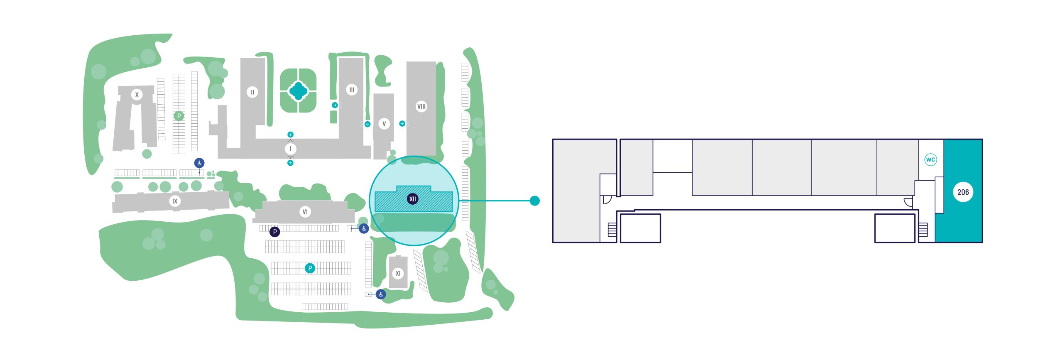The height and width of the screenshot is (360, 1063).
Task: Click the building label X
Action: (137, 95)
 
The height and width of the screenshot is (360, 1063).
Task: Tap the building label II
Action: (252, 92)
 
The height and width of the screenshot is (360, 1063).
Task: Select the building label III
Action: (352, 90)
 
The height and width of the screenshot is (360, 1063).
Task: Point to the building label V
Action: (384, 124)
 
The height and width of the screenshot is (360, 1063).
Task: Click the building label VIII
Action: (421, 106)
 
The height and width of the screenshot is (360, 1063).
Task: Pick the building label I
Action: (290, 149)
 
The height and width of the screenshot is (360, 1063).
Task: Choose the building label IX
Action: (175, 201)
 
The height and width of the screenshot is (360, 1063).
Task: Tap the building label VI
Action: (305, 212)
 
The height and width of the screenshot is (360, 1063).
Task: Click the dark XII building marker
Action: (412, 199)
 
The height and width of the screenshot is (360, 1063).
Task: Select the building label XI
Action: (398, 273)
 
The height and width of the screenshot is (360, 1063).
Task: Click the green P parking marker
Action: (179, 116)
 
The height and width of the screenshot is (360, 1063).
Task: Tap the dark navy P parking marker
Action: (274, 232)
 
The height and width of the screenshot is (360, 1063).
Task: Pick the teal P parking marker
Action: (310, 268)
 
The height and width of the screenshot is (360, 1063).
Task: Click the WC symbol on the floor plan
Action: (931, 159)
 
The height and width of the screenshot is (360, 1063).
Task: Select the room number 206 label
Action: (963, 192)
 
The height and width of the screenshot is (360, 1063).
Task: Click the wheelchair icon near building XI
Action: (381, 294)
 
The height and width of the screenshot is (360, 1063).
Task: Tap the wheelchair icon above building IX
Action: (199, 163)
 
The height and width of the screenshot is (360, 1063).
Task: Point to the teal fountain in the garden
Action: (298, 91)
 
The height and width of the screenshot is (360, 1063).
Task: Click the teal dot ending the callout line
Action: (535, 201)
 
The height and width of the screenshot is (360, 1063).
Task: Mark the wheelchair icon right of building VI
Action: (364, 228)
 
